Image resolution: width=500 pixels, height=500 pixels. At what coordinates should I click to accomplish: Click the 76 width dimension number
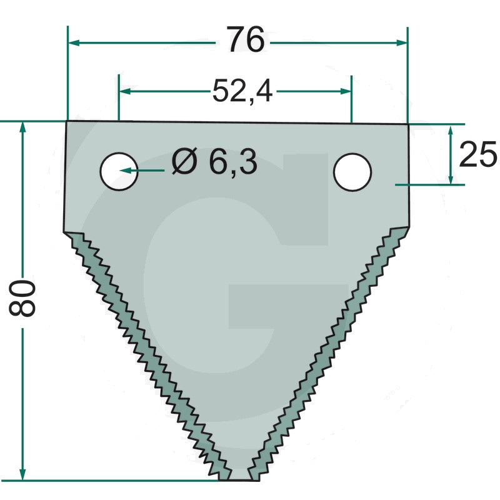click(246, 39)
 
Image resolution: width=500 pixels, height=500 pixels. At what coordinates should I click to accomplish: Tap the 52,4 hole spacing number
click(242, 91)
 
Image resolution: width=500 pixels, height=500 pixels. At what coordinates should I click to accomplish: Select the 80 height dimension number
click(22, 298)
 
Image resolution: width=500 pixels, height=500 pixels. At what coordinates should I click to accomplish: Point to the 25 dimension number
click(477, 154)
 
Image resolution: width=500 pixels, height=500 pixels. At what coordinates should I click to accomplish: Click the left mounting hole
click(119, 171)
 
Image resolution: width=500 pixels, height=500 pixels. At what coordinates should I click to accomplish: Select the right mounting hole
click(352, 172)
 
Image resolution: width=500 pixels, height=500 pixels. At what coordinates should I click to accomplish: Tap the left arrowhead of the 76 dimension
click(74, 42)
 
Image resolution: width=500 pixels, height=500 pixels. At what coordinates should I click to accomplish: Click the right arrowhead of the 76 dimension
click(401, 42)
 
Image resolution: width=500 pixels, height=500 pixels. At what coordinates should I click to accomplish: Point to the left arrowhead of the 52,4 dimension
click(125, 91)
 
